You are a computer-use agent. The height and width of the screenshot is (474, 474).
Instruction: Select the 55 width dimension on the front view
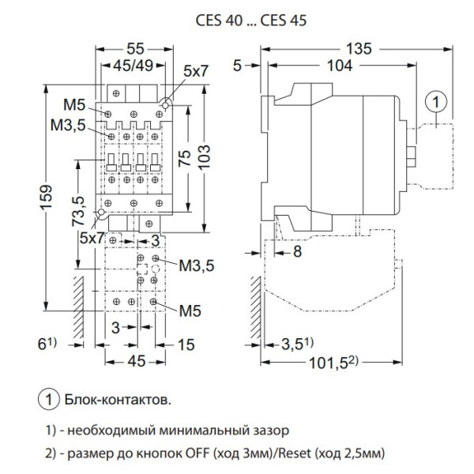point(137,48)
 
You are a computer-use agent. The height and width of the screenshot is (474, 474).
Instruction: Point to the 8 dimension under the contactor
point(295,253)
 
